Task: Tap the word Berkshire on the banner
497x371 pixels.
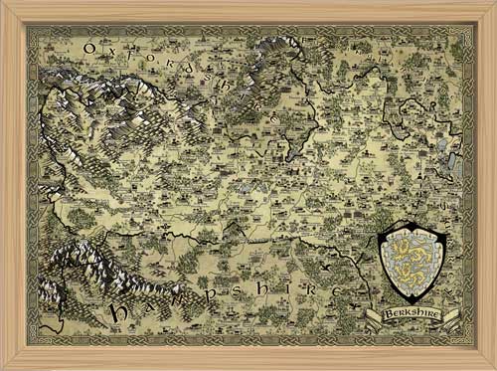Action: (412, 316)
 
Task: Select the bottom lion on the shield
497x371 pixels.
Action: (411, 278)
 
